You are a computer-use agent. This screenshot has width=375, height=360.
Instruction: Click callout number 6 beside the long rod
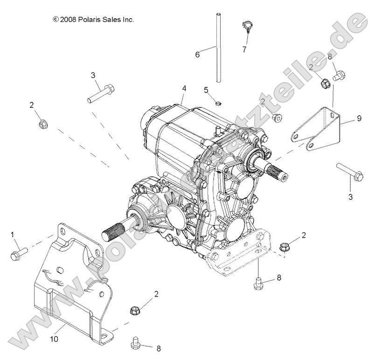(x=197, y=55)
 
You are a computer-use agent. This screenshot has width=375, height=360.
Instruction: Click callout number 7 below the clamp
(x=244, y=49)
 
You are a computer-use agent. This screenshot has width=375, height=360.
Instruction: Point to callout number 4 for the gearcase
(x=184, y=88)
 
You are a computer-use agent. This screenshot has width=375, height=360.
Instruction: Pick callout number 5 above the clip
(x=206, y=89)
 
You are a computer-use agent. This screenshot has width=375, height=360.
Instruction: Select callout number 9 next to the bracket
(x=359, y=119)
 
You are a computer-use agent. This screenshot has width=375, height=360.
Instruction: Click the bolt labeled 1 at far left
(x=19, y=253)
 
